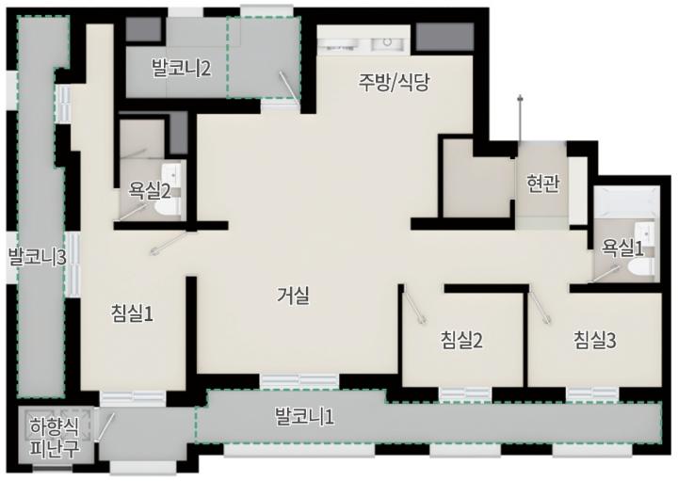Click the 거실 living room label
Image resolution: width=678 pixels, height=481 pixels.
click(x=293, y=296)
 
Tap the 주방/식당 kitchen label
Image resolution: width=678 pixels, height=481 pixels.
click(x=394, y=82)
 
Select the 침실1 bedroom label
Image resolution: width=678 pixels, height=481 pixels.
click(x=133, y=313)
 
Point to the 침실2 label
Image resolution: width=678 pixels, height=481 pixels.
click(x=461, y=340)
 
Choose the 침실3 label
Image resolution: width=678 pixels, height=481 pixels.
click(x=594, y=340)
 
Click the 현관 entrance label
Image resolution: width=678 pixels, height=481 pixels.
click(x=542, y=184)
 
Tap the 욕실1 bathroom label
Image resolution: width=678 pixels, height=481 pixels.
click(x=622, y=249)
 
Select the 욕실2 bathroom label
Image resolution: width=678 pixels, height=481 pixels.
click(x=150, y=190)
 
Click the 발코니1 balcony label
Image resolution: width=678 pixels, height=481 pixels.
click(x=304, y=417)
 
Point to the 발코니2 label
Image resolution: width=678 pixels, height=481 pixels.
click(x=182, y=69)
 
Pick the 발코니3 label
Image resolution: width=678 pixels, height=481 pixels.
click(x=38, y=257)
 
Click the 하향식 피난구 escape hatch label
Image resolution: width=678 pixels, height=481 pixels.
click(x=55, y=438)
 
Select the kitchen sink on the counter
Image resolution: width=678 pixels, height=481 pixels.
click(x=387, y=42)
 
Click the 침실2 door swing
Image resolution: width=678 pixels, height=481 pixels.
click(x=413, y=307)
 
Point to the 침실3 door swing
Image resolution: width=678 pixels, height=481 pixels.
click(x=541, y=308)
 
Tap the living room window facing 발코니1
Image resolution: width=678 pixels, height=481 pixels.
click(x=299, y=380)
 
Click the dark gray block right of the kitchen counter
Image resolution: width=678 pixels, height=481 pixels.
click(x=444, y=37)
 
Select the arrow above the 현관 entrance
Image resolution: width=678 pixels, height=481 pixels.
click(x=521, y=117)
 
